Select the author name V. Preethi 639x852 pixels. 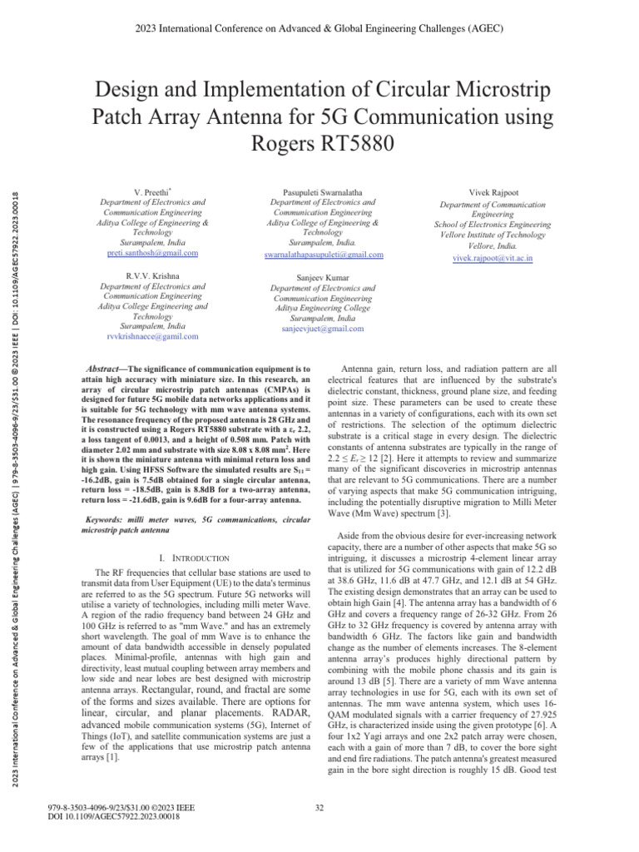(153, 192)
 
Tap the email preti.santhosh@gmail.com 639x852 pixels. (153, 253)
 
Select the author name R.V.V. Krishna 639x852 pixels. (153, 275)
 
